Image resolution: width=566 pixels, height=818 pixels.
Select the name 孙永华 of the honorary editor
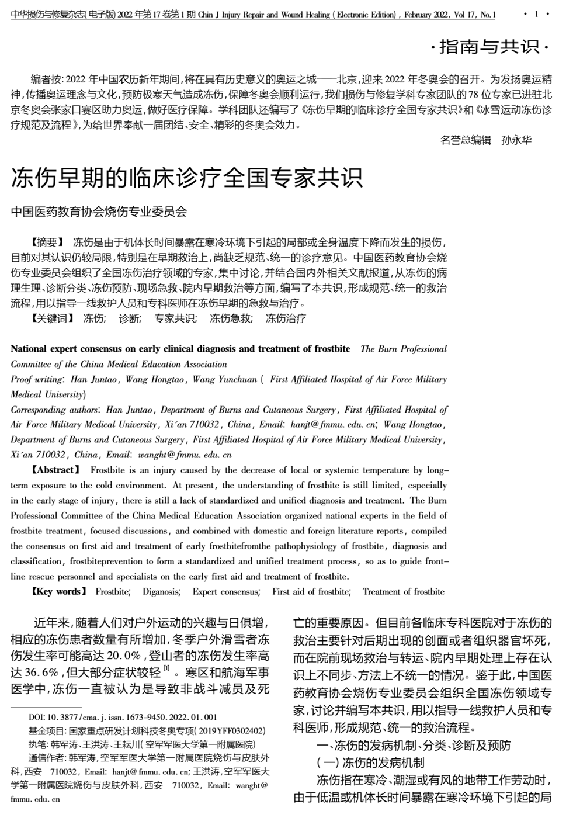click(516, 140)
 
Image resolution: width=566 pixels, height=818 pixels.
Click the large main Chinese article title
click(187, 177)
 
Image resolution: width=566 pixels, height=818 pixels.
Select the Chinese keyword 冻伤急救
click(231, 318)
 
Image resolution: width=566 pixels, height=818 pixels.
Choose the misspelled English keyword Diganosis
click(161, 592)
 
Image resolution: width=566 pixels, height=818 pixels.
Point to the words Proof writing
click(36, 380)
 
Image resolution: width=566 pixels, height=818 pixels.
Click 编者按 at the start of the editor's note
click(44, 79)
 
